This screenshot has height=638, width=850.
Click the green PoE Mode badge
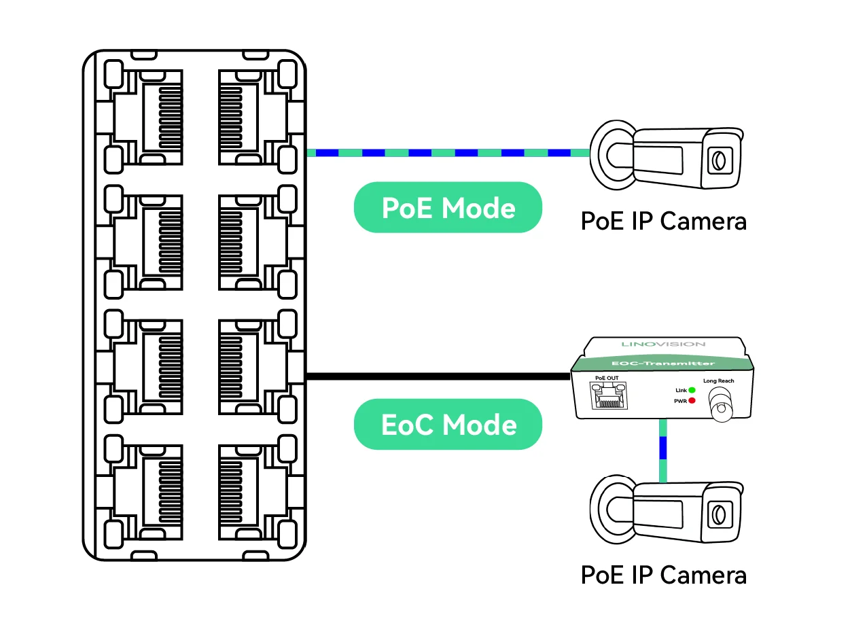[448, 208]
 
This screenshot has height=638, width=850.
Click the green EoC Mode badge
[448, 425]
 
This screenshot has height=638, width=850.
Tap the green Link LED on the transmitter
[692, 390]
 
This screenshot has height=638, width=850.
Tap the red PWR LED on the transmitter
[692, 401]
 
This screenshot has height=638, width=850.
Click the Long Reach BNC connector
[720, 410]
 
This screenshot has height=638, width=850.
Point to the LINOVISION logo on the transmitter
[663, 344]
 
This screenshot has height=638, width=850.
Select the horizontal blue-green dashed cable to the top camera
[448, 153]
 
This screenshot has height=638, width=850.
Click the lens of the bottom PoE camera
[718, 514]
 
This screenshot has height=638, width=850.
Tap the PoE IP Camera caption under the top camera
[663, 221]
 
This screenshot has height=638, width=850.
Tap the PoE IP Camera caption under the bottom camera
[663, 575]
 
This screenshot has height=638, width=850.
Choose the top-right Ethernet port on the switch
[248, 116]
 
